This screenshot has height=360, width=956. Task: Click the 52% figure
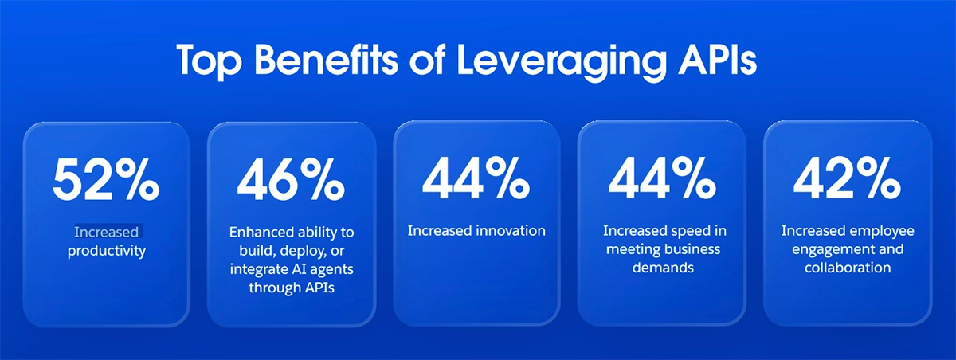click(106, 181)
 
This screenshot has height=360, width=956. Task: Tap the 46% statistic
click(291, 181)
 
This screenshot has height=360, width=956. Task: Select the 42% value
click(847, 181)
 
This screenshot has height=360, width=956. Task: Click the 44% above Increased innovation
click(476, 181)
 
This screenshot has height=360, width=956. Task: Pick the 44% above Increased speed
click(662, 181)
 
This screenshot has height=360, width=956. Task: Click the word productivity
click(107, 252)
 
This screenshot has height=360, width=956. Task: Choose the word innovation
click(510, 231)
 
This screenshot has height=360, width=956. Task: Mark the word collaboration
click(847, 268)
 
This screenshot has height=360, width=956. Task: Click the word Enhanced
click(260, 232)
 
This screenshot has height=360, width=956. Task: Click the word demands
click(663, 268)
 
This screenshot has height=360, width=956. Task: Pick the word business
click(688, 249)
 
